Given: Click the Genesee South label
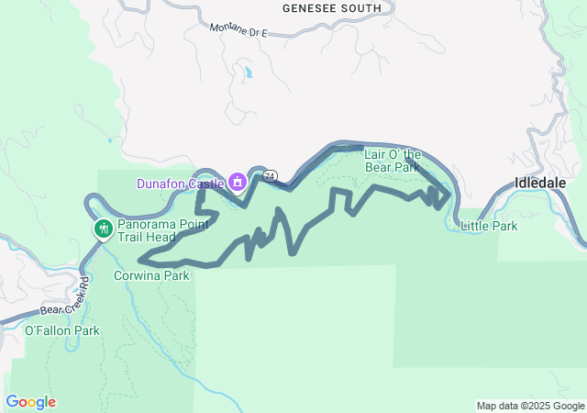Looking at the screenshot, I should click(x=331, y=8).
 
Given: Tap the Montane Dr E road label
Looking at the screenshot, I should click(x=238, y=28).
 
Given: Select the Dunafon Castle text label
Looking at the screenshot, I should click(x=181, y=184).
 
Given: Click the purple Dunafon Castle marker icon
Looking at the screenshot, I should click(x=238, y=181).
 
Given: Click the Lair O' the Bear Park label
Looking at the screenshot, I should click(x=393, y=161).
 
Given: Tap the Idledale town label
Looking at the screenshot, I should click(x=540, y=183).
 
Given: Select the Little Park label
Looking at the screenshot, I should click(x=489, y=226).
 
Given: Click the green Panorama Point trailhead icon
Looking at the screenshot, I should click(x=102, y=227).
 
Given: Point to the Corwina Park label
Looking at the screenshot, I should click(x=151, y=274).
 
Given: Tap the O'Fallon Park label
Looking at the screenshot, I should click(x=61, y=330).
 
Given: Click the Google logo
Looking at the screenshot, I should click(x=30, y=402).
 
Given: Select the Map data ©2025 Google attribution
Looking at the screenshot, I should click(x=529, y=406).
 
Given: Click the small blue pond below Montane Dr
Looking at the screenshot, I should click(x=247, y=71).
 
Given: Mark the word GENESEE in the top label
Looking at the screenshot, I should click(x=310, y=8).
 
